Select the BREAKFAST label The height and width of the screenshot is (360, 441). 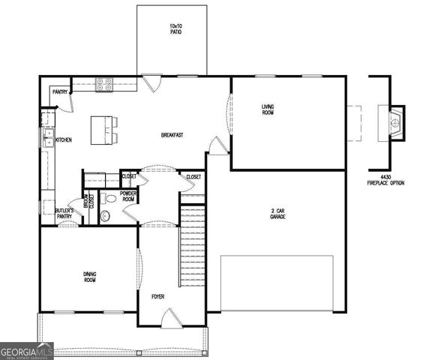(x=172, y=135)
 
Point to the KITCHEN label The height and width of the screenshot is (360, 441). (x=63, y=139)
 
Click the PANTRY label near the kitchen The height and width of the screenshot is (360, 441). (x=60, y=91)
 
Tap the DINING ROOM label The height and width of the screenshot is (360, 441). (x=89, y=276)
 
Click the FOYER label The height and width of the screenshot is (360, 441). (x=157, y=297)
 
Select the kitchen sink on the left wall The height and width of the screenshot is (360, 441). (x=48, y=138)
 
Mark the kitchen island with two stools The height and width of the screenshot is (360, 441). (x=104, y=130)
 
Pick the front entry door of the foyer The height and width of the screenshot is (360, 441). (x=171, y=319)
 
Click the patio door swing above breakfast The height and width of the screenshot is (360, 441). (x=151, y=81)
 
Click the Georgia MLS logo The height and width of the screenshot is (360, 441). (x=27, y=351)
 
